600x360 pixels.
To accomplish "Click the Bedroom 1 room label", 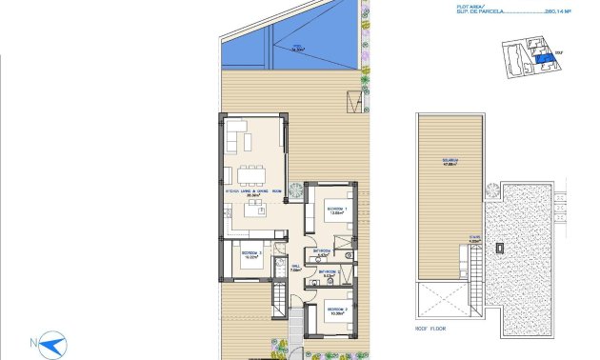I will [337, 210].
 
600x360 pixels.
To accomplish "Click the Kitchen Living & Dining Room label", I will [253, 193].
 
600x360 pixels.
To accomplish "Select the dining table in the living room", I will [252, 173].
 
